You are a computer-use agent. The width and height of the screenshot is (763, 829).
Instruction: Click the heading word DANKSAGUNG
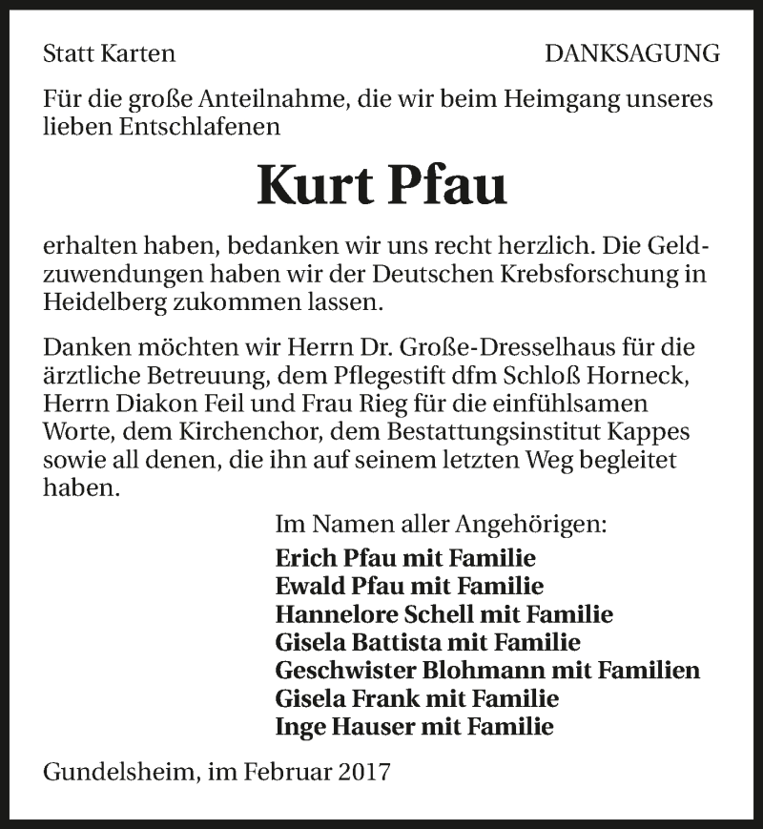point(632,54)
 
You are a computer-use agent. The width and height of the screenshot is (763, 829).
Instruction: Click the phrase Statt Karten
point(110,54)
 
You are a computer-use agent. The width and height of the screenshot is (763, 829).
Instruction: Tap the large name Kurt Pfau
point(381,185)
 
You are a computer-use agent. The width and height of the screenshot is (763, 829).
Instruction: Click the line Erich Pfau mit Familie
point(405,558)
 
